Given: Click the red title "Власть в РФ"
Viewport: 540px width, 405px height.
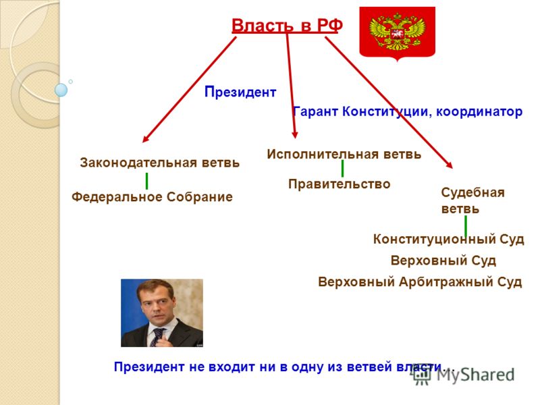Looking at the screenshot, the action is (287, 26).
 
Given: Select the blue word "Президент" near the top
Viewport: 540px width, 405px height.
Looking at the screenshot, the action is (240, 92).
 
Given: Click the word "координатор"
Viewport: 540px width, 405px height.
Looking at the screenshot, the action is (479, 111).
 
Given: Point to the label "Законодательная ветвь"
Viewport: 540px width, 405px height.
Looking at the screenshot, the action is (159, 163).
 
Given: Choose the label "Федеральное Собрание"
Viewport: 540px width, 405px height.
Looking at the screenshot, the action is (152, 197).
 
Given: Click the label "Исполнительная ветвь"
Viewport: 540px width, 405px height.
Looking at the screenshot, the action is (344, 154).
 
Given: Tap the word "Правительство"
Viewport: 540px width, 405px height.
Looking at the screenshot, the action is (340, 184).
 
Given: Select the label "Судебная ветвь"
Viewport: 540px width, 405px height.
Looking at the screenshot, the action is (473, 200).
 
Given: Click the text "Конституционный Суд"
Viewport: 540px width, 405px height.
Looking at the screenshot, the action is (448, 239).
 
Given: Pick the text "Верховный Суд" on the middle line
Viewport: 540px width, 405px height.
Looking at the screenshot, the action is (443, 261).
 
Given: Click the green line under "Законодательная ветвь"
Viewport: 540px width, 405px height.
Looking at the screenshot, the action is (146, 181).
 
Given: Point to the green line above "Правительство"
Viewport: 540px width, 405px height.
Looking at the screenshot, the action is (342, 169).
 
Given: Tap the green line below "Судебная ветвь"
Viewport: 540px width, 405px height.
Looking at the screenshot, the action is (466, 227).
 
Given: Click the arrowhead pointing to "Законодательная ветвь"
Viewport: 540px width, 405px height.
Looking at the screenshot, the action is (145, 139).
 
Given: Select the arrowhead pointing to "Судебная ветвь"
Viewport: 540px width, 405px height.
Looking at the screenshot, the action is (449, 165).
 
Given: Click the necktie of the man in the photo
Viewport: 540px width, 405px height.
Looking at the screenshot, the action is (157, 336).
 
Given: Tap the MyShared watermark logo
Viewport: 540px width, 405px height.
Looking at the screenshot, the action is (464, 375).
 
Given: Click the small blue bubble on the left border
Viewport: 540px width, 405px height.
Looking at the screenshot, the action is (61, 90).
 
